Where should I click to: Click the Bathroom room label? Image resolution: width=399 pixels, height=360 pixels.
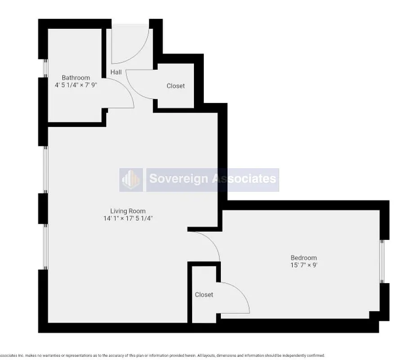click(76, 77)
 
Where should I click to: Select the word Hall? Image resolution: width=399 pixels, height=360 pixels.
click(116, 72)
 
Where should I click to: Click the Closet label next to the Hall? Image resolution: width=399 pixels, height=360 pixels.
click(175, 85)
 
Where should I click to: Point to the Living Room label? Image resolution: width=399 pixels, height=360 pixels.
click(128, 211)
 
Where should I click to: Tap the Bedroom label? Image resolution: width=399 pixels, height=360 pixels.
click(304, 258)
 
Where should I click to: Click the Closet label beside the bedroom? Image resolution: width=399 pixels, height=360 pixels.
click(204, 294)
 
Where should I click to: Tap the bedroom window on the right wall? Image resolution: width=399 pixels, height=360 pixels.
click(382, 261)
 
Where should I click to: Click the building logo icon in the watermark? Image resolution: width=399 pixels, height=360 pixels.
click(131, 180)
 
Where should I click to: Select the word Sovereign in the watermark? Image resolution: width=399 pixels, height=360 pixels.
click(178, 179)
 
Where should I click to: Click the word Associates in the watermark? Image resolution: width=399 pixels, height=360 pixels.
click(243, 179)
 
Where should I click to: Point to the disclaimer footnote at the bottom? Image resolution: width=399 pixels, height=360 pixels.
click(162, 355)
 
